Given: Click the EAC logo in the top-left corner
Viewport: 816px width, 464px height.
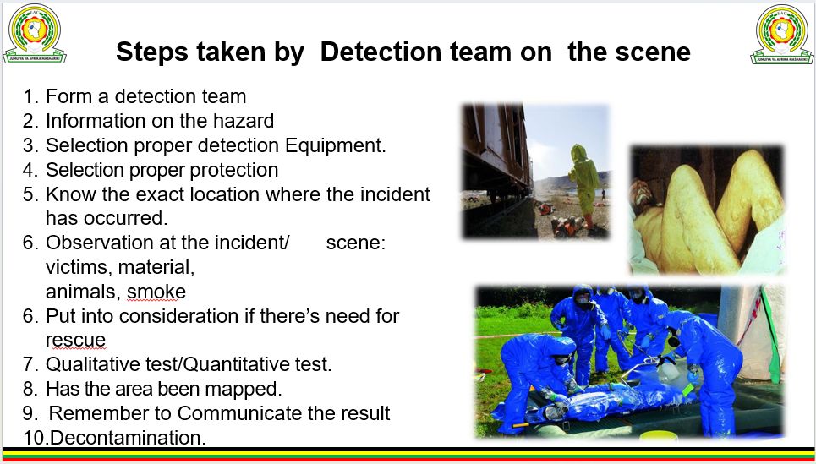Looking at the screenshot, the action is tap(35, 34).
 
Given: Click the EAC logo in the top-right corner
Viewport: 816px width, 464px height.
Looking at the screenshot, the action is tap(781, 34).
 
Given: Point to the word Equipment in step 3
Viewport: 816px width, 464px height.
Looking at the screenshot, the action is tap(336, 146).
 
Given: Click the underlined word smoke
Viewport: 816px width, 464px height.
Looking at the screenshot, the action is tap(156, 292).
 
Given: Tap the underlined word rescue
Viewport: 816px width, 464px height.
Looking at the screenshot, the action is tap(75, 341).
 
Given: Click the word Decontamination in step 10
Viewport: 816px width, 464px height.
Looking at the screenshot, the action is tap(128, 438).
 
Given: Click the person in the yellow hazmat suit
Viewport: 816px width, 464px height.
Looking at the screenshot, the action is tap(585, 184).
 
